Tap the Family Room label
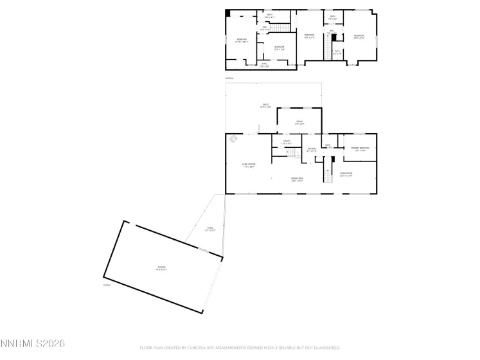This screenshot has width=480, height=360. [x=248, y=166]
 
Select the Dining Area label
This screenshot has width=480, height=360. [x=297, y=180]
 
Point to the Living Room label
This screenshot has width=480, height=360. [x=346, y=175]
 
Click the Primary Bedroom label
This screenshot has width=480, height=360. [x=360, y=149]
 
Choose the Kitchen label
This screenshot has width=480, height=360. [x=311, y=150]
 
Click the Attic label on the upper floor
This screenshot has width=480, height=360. [x=264, y=64]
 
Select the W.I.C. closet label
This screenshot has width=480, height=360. [x=337, y=53]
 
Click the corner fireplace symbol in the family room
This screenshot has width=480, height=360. [x=234, y=140]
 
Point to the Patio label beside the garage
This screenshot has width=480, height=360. [x=210, y=229]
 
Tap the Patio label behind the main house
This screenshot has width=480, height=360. [x=265, y=106]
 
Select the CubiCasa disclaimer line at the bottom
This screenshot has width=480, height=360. [x=240, y=348]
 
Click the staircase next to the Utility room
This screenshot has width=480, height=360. [x=293, y=152]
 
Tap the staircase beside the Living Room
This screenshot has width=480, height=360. [x=328, y=175]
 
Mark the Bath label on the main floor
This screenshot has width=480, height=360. [x=328, y=145]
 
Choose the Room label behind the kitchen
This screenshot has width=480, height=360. [x=299, y=122]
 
